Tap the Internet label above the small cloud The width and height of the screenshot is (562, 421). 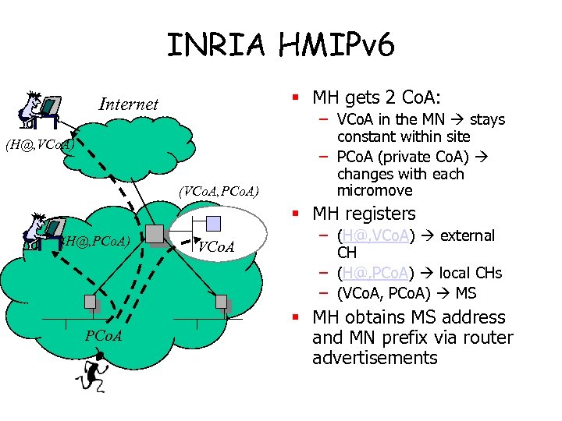(128, 104)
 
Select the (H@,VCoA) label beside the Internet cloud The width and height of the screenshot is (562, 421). (38, 145)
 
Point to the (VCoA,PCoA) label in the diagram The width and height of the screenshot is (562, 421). (219, 190)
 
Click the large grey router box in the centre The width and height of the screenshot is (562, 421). (154, 233)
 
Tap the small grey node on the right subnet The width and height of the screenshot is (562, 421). (221, 302)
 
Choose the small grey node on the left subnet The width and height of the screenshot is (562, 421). (91, 302)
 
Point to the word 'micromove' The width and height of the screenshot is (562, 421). (374, 191)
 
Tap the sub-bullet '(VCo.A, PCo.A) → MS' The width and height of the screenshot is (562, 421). (406, 293)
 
